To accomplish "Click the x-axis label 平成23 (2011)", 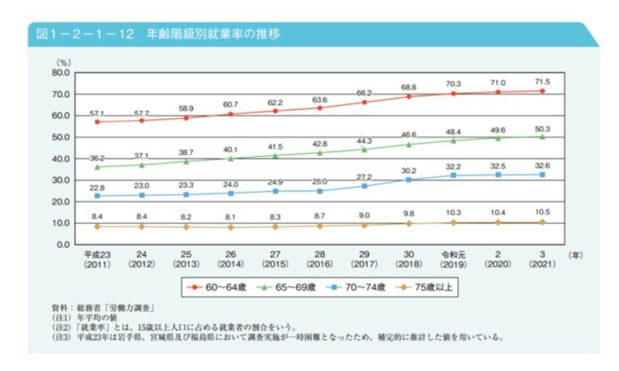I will click(x=97, y=259).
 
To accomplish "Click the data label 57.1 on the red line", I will click(x=97, y=113).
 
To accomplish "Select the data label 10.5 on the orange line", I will click(x=541, y=213).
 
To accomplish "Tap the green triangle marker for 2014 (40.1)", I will click(x=231, y=159).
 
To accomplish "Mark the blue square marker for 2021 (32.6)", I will click(x=541, y=175).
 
